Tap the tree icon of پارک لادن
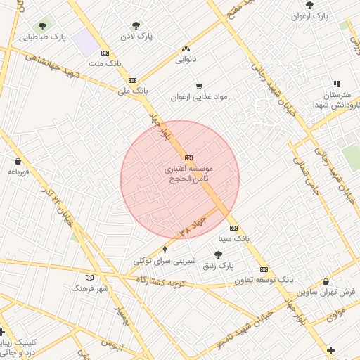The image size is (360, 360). (136, 25)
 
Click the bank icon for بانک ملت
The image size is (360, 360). (105, 53)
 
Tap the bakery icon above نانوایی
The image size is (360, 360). (186, 49)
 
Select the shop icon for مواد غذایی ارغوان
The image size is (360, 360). (199, 86)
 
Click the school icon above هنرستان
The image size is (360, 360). (336, 84)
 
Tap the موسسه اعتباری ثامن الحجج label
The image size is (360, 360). (188, 174)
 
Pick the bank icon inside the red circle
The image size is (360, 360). (188, 157)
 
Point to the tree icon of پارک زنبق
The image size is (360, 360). (219, 255)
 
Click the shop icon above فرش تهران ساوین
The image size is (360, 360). (326, 281)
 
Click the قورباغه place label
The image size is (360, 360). (18, 172)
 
